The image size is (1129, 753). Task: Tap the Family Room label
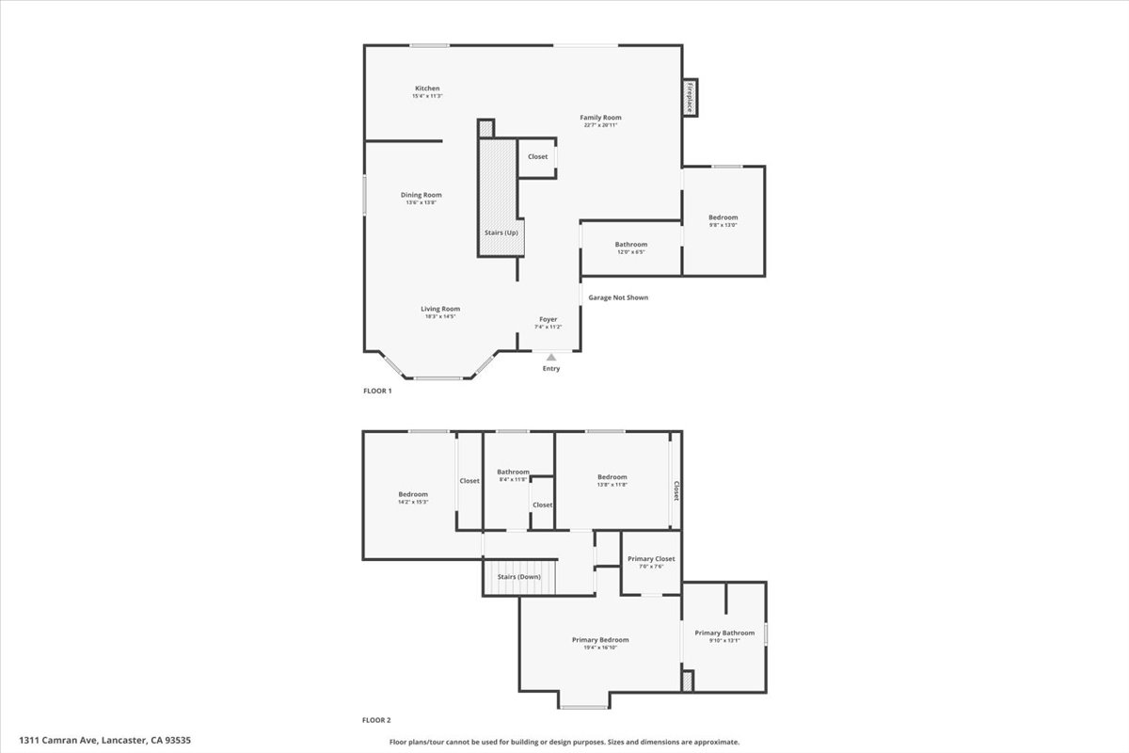pos(600,118)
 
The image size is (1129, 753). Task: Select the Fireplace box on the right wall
pos(690,97)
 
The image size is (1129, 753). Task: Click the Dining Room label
pos(421,195)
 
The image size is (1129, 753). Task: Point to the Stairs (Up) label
pos(501,232)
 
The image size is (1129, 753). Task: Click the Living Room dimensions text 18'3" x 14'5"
pos(439,316)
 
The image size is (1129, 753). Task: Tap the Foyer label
pos(548,319)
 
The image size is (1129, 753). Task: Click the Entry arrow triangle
pos(551,357)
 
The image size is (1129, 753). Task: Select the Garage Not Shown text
pos(618,297)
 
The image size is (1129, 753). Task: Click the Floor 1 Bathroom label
pos(631,244)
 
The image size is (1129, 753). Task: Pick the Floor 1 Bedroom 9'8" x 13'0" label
pos(723,217)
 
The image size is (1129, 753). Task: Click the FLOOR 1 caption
pos(377,391)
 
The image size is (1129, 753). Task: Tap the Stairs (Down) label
pos(518,576)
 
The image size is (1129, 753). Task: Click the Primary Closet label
pos(651,559)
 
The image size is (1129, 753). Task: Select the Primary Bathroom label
pos(724,633)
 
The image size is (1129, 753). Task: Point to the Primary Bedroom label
pos(600,640)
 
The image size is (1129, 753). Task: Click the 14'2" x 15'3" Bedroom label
pos(413,494)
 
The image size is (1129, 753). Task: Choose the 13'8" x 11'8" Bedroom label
pos(612,477)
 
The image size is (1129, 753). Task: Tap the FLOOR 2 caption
pos(376,720)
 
